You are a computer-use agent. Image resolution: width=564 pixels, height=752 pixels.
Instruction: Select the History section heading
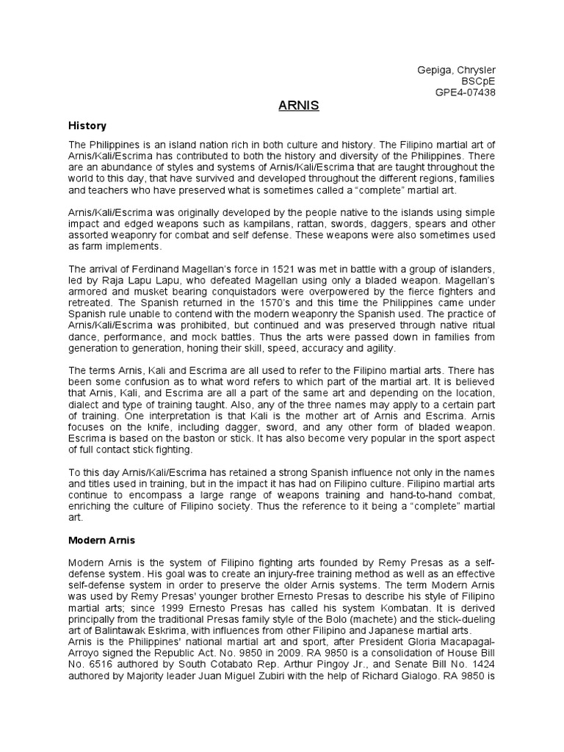pos(87,126)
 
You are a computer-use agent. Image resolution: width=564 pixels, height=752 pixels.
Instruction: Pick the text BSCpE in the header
pos(480,81)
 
